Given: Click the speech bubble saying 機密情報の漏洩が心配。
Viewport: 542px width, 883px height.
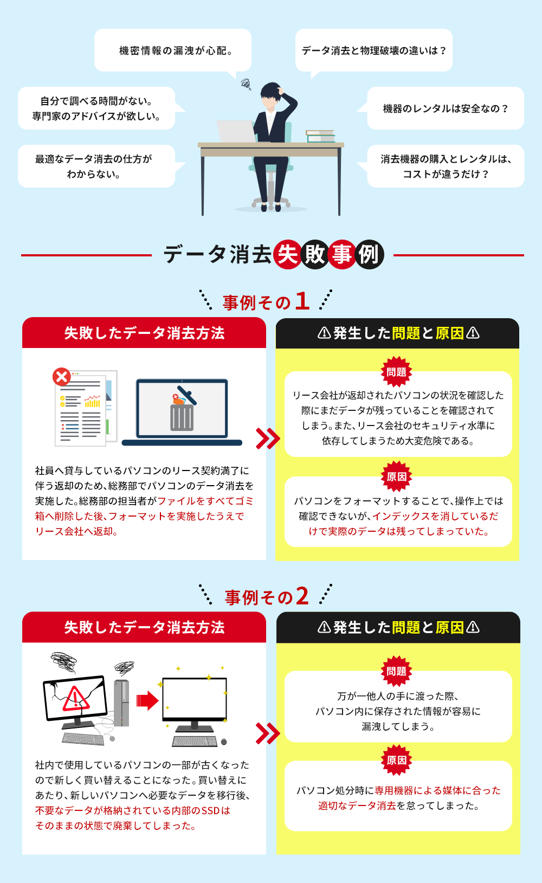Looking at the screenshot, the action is [173, 50].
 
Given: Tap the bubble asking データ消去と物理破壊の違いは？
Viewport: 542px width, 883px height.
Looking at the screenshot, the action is [373, 50].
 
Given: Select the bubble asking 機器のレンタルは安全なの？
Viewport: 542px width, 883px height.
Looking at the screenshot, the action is [446, 108].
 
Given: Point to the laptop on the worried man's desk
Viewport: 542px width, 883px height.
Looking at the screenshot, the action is [236, 131].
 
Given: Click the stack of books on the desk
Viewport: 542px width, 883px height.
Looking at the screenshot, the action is [320, 136].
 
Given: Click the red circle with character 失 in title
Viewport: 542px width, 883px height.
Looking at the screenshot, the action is [287, 254].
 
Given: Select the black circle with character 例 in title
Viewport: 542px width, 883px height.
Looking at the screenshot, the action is [369, 254].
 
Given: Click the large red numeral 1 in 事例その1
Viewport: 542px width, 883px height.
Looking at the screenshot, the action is [302, 301].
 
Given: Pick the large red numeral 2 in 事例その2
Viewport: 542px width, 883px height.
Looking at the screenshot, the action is [302, 596].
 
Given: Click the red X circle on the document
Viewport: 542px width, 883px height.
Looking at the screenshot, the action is [62, 377].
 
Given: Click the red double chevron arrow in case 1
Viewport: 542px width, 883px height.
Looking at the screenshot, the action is [268, 439].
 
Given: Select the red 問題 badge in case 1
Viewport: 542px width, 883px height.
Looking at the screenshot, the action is [397, 372].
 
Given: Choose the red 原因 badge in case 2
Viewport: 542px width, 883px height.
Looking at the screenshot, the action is [397, 760].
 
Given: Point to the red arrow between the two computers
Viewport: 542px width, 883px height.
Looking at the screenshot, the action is [147, 700].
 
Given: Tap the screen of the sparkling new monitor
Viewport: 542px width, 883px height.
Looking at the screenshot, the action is [195, 698].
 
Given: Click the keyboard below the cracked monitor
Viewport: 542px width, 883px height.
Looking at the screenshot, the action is [83, 739].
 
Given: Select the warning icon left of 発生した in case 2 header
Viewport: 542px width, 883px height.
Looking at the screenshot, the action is [324, 627].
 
